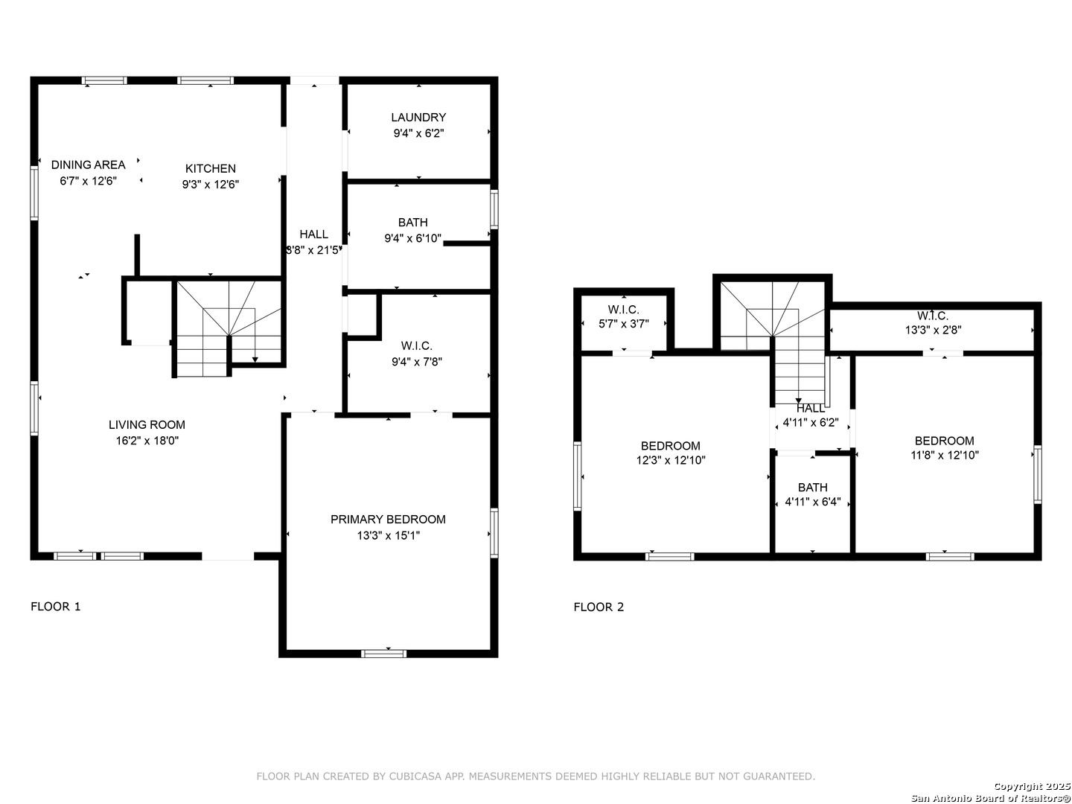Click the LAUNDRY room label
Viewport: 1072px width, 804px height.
tap(418, 117)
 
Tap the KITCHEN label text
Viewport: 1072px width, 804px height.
tap(210, 168)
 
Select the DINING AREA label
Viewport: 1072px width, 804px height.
tap(89, 165)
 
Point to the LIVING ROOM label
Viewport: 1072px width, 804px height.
tap(147, 424)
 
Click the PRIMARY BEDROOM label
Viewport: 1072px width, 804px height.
tap(388, 520)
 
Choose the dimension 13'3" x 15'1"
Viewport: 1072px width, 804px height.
tap(389, 535)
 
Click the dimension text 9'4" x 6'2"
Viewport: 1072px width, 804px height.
tap(418, 133)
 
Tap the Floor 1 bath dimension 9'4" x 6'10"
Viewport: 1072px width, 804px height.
tap(412, 238)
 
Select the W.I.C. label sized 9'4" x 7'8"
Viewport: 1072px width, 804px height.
tap(417, 345)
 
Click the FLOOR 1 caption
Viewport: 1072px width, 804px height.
tap(56, 606)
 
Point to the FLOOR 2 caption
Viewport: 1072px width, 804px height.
tap(599, 607)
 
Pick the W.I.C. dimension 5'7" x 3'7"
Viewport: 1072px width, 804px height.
tap(624, 324)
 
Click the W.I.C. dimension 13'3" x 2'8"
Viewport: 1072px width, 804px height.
tap(934, 330)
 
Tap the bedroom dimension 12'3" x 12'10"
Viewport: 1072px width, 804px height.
tap(671, 460)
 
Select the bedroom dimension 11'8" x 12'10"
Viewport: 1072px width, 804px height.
tap(945, 455)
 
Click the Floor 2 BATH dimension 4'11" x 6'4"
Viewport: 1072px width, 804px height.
tap(813, 501)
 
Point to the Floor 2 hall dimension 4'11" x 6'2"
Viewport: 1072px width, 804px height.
tap(811, 423)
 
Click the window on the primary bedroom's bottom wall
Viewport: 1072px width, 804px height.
tap(384, 654)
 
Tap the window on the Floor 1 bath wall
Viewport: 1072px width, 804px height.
tap(494, 209)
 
